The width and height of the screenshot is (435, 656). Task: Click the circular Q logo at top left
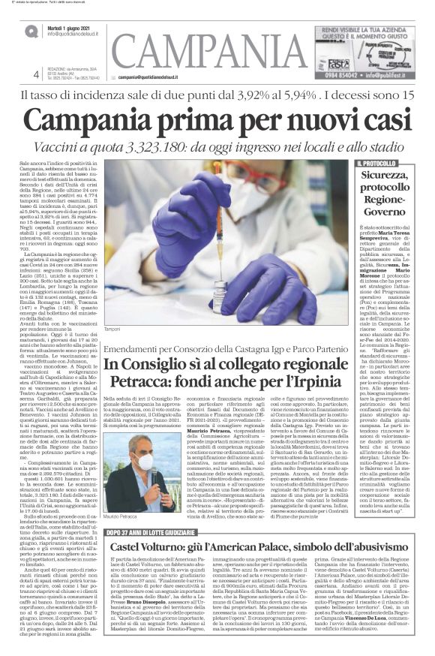pos(29,30)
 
